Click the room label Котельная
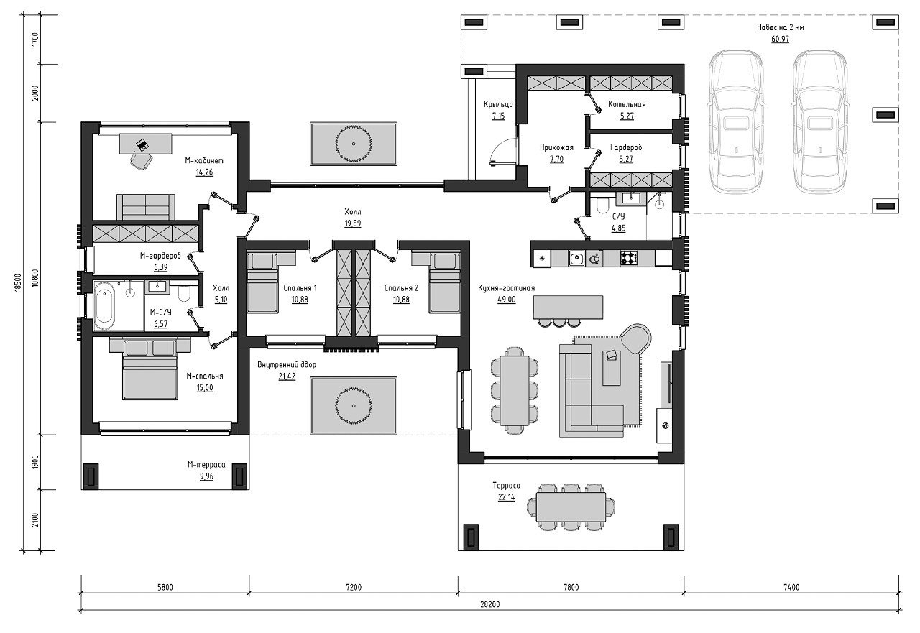click(x=627, y=104)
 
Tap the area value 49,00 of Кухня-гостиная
click(x=507, y=300)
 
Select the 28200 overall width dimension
click(x=490, y=605)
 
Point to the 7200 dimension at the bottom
click(x=354, y=588)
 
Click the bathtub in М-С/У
click(x=104, y=306)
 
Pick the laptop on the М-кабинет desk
click(x=142, y=144)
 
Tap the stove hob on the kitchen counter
click(x=629, y=258)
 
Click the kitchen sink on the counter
click(x=576, y=259)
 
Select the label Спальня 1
click(x=300, y=288)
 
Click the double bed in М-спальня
click(x=150, y=368)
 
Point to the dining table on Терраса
click(x=571, y=507)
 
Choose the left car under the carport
click(x=737, y=122)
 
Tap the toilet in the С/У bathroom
click(x=602, y=206)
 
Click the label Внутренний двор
click(x=287, y=364)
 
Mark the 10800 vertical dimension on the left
click(x=36, y=277)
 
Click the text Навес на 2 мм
click(x=781, y=27)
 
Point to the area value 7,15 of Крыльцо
click(x=498, y=116)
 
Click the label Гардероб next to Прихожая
click(x=626, y=147)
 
